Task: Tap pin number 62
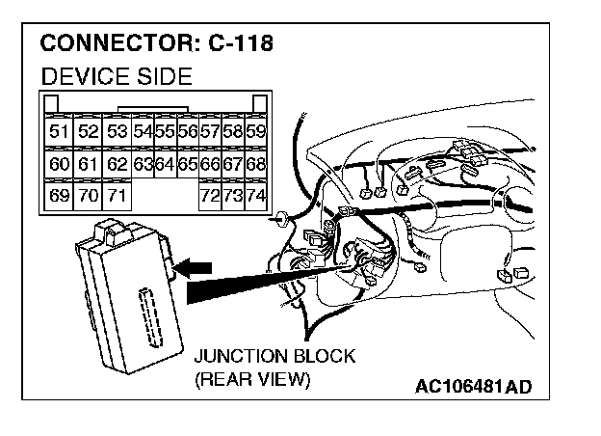tap(118, 165)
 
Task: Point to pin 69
tap(59, 197)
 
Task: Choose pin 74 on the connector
tap(255, 197)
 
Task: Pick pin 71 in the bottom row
tap(118, 197)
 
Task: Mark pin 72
tap(209, 197)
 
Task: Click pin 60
tap(59, 165)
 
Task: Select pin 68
tap(255, 165)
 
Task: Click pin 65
tap(187, 165)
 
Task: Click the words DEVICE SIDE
tap(117, 77)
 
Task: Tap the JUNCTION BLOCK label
tap(274, 356)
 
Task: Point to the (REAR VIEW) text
tap(252, 379)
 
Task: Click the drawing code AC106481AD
tap(473, 387)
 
